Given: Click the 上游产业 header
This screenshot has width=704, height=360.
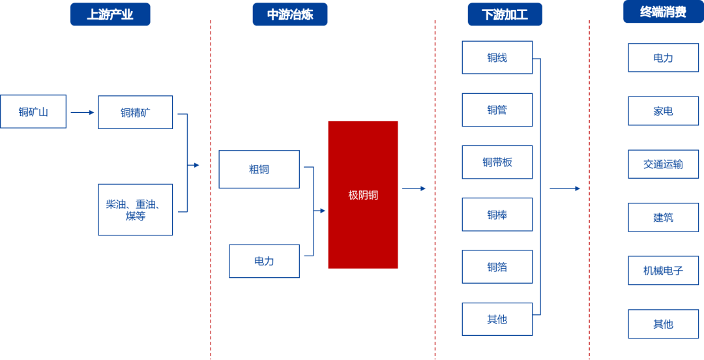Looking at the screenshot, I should coord(110,14).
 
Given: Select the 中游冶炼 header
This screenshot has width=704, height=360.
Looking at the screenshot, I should coord(290,14).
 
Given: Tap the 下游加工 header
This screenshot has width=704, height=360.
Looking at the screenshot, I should coord(505,14).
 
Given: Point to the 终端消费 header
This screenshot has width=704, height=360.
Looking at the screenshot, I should coord(663,12).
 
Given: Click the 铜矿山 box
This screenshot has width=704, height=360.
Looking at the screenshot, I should coord(33,112).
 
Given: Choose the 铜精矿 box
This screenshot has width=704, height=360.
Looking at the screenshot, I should coord(136,112).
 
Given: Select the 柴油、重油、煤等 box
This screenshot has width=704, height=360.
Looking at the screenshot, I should coord(136,209).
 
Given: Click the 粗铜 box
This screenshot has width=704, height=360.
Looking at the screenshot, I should coord(259,170).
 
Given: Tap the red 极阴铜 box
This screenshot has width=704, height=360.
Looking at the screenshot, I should coord(363,194).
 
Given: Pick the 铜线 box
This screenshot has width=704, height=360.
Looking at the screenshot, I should coord(497,57).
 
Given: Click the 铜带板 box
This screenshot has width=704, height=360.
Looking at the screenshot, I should coord(497,162).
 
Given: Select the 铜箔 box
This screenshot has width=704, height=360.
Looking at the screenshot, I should coord(497,267).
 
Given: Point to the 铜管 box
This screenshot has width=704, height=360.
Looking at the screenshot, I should coord(497,110).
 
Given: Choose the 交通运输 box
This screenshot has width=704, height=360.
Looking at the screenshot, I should coord(663,164).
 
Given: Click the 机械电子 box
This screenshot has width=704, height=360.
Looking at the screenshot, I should coord(663,270).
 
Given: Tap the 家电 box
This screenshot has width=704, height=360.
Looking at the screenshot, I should coord(663,111).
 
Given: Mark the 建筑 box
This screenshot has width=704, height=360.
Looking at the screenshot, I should coord(663,217).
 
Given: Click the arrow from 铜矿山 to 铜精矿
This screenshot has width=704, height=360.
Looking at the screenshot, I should coord(82,112).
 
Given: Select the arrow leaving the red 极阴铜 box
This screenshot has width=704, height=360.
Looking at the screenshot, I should coord(414,188).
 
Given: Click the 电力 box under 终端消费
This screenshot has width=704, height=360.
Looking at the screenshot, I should coord(663,58).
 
